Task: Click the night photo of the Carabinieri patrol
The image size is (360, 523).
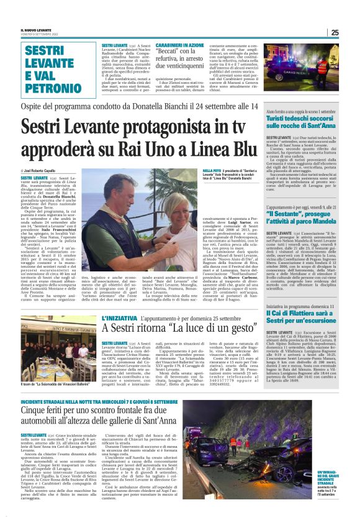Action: pos(304,70)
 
